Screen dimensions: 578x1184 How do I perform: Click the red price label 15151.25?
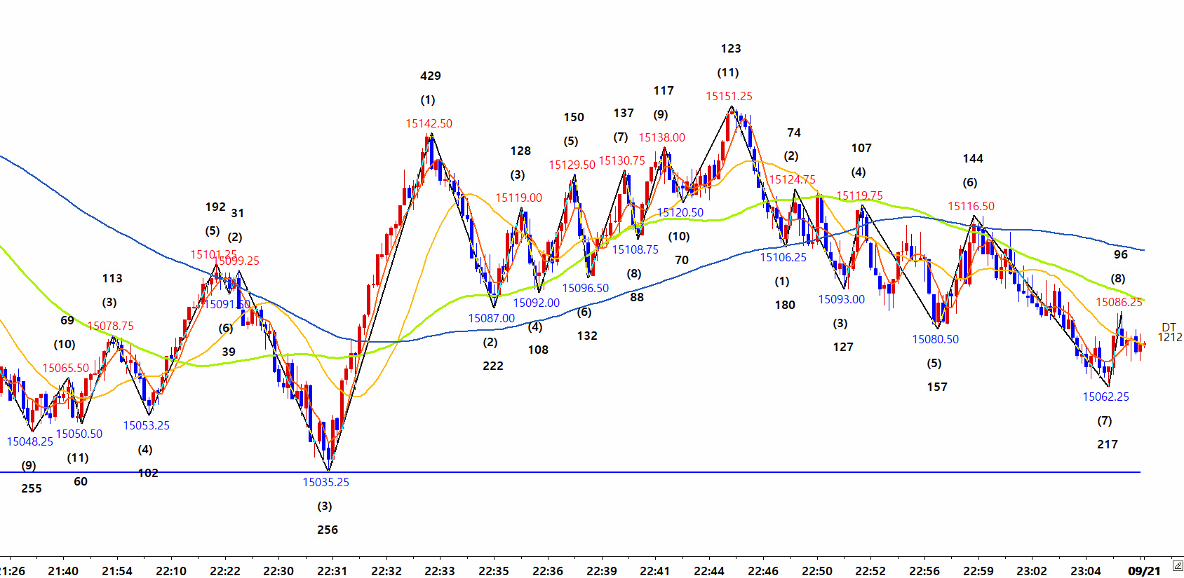point(729,97)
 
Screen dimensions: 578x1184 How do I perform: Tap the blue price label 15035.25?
point(325,482)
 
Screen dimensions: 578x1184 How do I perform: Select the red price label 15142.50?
point(429,124)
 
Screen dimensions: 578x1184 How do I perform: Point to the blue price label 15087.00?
point(491,319)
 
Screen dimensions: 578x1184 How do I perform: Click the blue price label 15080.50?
point(935,340)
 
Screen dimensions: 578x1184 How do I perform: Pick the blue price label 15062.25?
point(1105,397)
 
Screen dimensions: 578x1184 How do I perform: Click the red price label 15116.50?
point(971,207)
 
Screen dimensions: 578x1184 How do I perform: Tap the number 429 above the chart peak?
point(431,76)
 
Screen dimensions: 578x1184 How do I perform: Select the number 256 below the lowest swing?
point(328,530)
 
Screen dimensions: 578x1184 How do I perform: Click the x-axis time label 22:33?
point(440,571)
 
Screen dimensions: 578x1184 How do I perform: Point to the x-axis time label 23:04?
point(1086,571)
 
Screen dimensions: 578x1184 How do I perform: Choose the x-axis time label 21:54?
point(117,571)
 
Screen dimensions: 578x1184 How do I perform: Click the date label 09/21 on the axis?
point(1144,571)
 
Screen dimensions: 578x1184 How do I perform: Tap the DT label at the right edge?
point(1169,327)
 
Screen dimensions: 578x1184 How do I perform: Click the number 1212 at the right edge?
point(1169,338)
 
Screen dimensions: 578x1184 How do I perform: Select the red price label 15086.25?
point(1119,303)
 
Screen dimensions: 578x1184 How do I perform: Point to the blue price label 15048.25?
point(30,441)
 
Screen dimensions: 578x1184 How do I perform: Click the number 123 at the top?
point(731,49)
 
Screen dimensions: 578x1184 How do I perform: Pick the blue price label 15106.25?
point(783,258)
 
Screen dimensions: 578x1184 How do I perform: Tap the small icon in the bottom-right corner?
point(1177,566)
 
